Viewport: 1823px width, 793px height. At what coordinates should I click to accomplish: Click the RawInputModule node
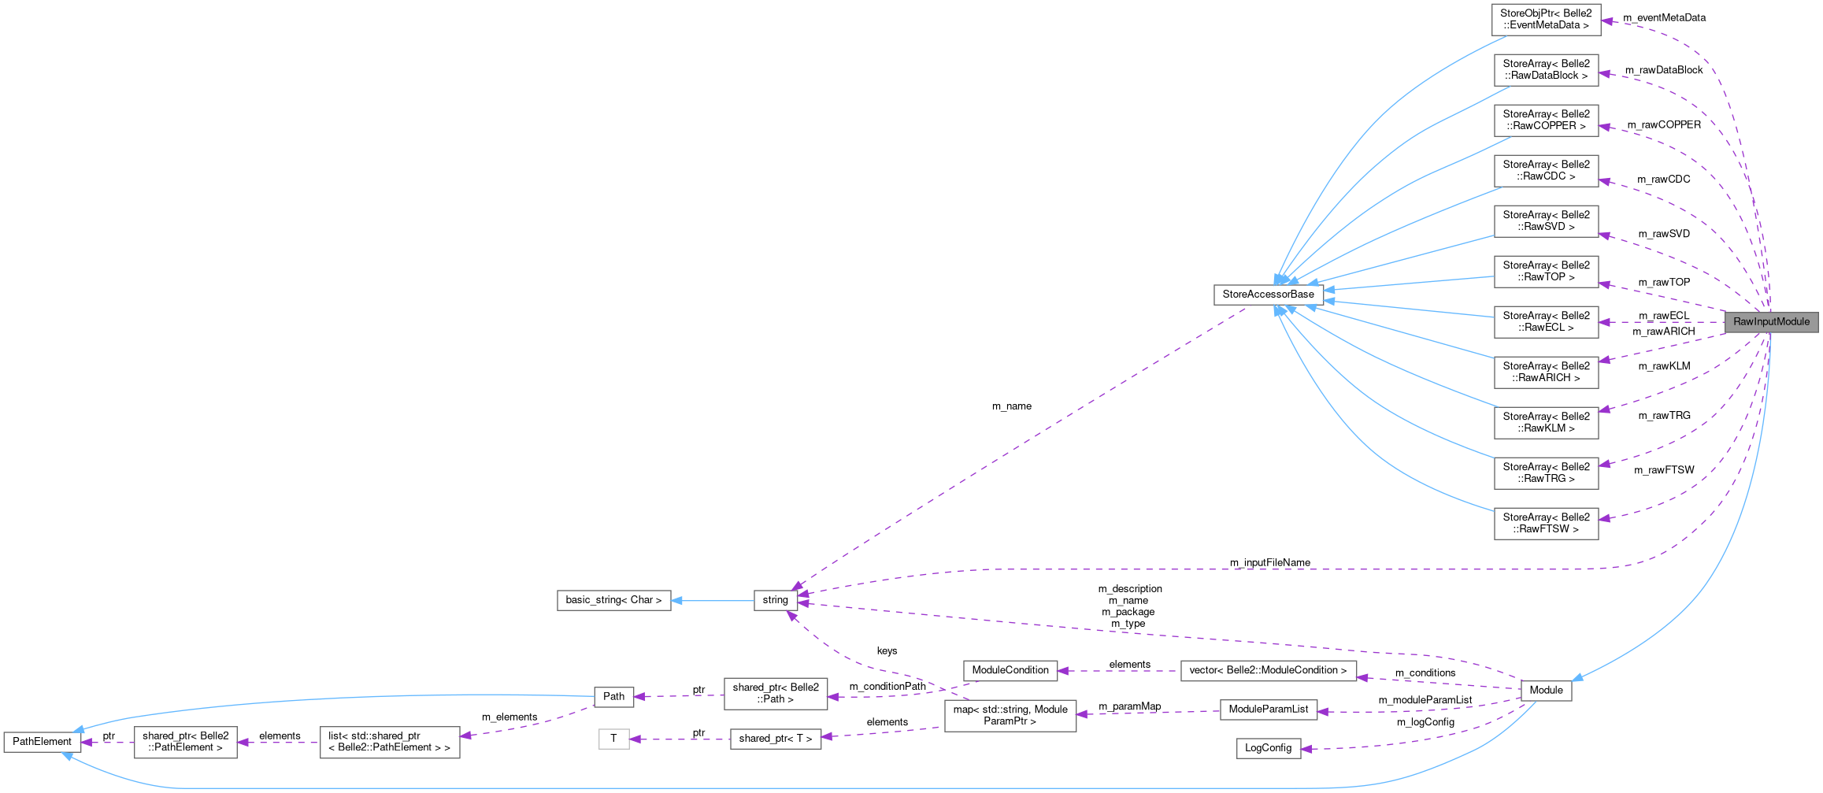[x=1770, y=322]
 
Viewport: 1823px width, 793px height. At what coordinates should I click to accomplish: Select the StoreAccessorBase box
[x=1268, y=295]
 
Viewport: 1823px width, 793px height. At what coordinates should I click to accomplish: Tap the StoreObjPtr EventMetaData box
[x=1545, y=20]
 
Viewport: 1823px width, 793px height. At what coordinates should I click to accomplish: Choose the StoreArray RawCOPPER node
[x=1546, y=120]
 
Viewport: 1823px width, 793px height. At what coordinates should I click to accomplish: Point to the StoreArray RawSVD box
[x=1546, y=221]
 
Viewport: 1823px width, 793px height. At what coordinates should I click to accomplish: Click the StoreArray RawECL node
[x=1546, y=322]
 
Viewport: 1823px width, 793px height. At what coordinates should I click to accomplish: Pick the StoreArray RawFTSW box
[x=1546, y=524]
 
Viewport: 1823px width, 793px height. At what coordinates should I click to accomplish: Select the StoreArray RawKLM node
[x=1546, y=423]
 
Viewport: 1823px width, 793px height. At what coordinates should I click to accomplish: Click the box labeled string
[x=775, y=600]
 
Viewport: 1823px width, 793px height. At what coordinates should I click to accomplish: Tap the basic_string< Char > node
[x=613, y=600]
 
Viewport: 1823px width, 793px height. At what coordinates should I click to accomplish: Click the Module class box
[x=1546, y=691]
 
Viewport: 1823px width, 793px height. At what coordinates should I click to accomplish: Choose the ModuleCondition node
[x=1010, y=671]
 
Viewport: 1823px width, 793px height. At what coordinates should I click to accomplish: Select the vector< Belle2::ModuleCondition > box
[x=1268, y=671]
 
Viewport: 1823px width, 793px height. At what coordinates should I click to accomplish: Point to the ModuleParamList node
[x=1268, y=710]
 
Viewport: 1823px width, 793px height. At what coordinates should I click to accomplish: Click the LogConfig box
[x=1268, y=748]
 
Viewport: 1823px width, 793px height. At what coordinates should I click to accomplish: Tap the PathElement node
[x=42, y=742]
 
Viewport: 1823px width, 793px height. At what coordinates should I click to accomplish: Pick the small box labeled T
[x=613, y=739]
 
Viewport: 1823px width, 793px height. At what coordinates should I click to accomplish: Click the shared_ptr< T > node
[x=775, y=739]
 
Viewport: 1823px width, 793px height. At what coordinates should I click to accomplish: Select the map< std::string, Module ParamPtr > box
[x=1010, y=716]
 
